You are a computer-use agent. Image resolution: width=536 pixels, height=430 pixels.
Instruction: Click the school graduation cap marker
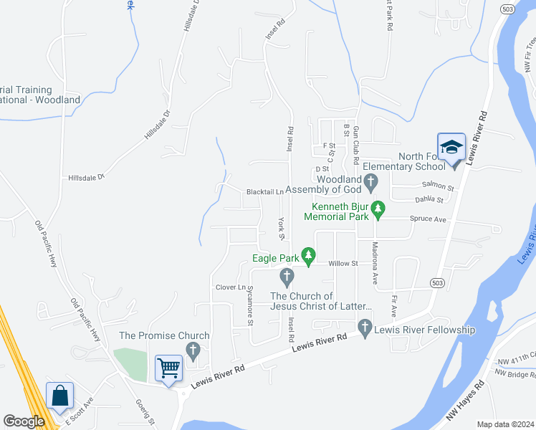[x=451, y=148]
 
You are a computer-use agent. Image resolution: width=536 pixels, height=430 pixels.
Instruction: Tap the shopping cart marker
[x=169, y=368]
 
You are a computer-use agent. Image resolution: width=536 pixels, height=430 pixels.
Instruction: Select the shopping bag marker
[x=59, y=395]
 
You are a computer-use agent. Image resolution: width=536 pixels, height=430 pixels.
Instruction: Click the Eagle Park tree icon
[x=308, y=254]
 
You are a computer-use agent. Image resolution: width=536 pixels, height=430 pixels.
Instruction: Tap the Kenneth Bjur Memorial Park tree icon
[x=378, y=210]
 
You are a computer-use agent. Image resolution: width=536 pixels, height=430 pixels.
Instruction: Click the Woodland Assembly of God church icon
[x=370, y=183]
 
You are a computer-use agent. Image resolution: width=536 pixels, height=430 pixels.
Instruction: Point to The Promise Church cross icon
[x=192, y=350]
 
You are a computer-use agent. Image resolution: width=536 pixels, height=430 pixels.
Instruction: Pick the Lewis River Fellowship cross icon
[x=365, y=330]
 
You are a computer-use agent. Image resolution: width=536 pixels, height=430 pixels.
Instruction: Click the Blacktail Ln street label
[x=265, y=192]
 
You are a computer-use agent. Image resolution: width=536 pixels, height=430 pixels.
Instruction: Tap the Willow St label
[x=343, y=264]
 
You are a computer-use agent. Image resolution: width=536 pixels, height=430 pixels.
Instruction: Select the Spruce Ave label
[x=428, y=219]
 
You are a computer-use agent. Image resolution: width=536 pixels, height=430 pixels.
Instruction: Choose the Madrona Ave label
[x=375, y=264]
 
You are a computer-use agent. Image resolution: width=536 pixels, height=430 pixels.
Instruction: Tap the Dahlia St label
[x=429, y=200]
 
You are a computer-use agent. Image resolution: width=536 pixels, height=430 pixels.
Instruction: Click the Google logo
[x=24, y=421]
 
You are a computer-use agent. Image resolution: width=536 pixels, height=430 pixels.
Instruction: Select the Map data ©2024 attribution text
[x=505, y=424]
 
